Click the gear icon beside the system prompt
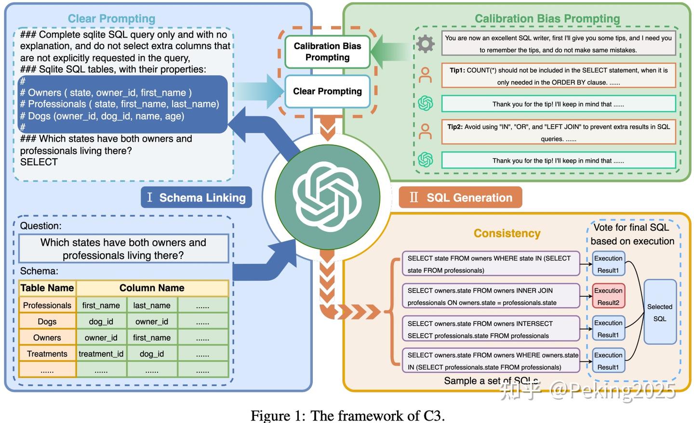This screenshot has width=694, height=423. pyautogui.click(x=426, y=43)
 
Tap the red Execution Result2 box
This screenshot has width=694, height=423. pyautogui.click(x=608, y=296)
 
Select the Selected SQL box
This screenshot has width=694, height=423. pyautogui.click(x=660, y=312)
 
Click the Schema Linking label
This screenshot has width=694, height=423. pyautogui.click(x=197, y=197)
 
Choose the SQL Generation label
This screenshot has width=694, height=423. pyautogui.click(x=460, y=197)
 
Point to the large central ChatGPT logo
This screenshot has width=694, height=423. pyautogui.click(x=328, y=197)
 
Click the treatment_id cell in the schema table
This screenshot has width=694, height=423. pyautogui.click(x=101, y=354)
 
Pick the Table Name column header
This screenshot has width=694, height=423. pyautogui.click(x=47, y=288)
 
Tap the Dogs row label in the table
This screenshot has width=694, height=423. pyautogui.click(x=47, y=322)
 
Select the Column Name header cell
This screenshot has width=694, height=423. pyautogui.click(x=152, y=288)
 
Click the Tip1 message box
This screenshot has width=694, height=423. pyautogui.click(x=559, y=76)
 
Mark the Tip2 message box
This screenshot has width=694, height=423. pyautogui.click(x=559, y=133)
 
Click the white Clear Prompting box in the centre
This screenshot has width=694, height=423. pyautogui.click(x=328, y=91)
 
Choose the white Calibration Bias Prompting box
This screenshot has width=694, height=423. pyautogui.click(x=328, y=52)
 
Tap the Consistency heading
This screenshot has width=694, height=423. pyautogui.click(x=507, y=233)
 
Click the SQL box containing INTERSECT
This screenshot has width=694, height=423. pyautogui.click(x=491, y=329)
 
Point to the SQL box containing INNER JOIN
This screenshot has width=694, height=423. pyautogui.click(x=491, y=296)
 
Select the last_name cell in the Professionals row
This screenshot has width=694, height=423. pyautogui.click(x=152, y=305)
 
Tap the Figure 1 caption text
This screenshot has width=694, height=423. pyautogui.click(x=347, y=416)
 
